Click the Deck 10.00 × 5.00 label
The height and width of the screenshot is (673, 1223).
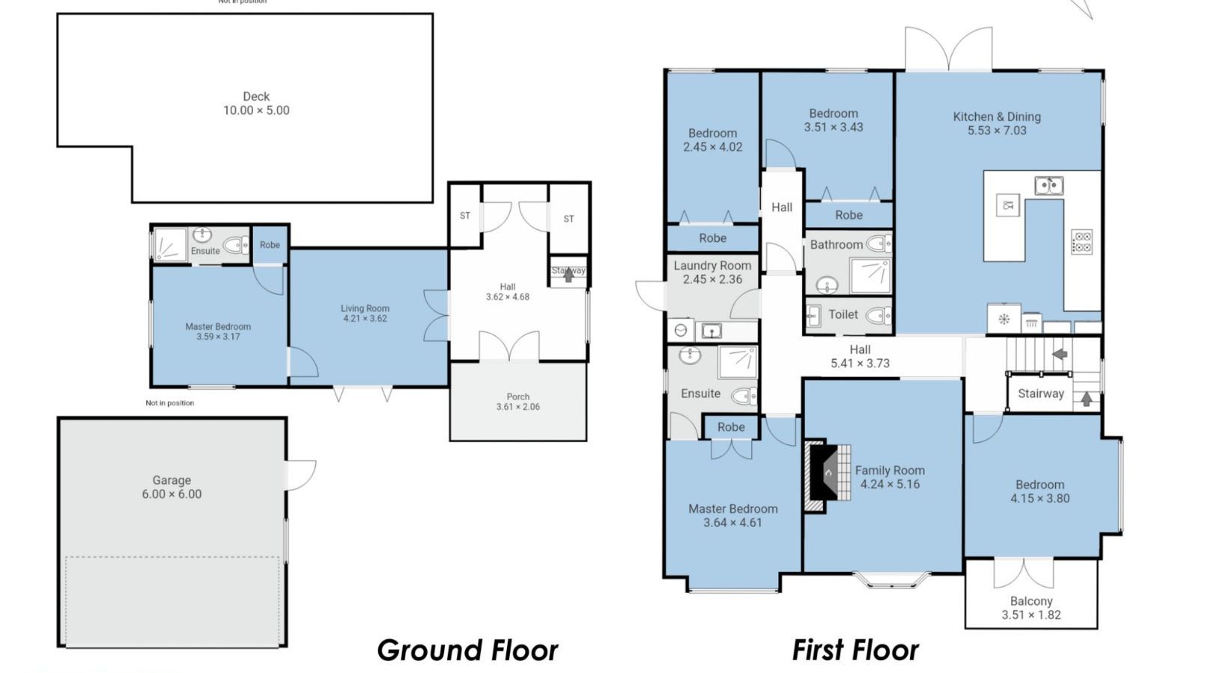256,103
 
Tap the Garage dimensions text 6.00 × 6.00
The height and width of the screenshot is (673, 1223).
172,495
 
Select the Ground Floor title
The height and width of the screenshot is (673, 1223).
467,651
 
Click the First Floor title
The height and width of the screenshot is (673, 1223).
855,651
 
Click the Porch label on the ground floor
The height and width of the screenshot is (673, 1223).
518,396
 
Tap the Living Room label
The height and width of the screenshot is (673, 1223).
365,309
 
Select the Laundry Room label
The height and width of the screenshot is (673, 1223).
712,265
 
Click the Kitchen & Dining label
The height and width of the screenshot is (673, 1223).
996,117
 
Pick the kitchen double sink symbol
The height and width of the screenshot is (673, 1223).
1048,186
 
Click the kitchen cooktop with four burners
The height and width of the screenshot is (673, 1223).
1081,242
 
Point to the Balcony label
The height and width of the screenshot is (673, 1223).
1031,601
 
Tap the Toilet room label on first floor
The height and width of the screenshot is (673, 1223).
843,314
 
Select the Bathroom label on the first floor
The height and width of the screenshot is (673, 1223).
837,245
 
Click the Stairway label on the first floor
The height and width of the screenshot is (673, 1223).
1041,393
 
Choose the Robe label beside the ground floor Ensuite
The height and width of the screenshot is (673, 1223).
270,245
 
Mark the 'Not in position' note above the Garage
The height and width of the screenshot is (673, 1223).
169,402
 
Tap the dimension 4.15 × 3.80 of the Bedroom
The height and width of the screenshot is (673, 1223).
1040,498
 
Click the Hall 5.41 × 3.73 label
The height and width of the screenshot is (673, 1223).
860,356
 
